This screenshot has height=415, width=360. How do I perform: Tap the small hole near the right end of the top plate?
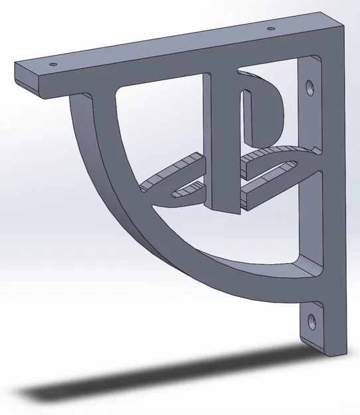(270, 29)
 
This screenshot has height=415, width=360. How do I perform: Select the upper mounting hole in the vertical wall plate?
(310, 87)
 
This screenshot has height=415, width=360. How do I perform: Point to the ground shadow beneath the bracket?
(166, 378)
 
